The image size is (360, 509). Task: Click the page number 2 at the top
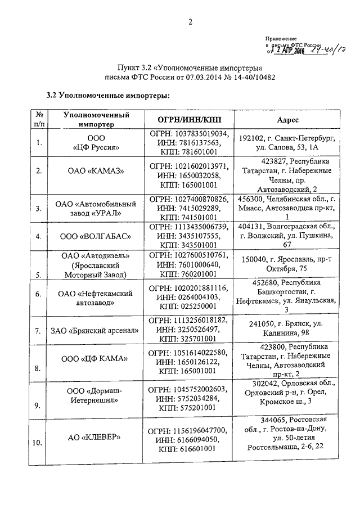coord(190,22)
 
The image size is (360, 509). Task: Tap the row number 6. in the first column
coord(39,294)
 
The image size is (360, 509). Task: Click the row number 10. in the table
coord(37,443)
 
